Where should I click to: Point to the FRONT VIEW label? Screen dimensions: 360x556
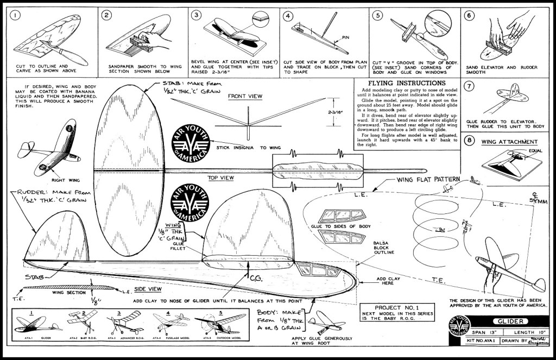pyautogui.click(x=245, y=96)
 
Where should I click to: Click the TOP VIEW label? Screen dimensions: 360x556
pyautogui.click(x=220, y=178)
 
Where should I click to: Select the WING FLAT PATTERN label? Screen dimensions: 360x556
pyautogui.click(x=428, y=180)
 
